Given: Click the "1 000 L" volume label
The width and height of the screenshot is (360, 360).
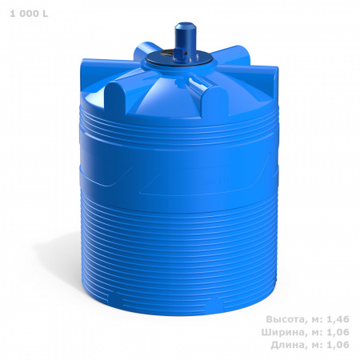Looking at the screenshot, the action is coord(29,14).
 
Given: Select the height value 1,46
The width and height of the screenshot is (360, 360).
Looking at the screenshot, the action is coord(338,319).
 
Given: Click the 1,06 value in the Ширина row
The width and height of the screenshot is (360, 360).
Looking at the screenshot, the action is coord(338,332).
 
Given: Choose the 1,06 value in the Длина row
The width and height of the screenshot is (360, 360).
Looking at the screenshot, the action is coord(338,345).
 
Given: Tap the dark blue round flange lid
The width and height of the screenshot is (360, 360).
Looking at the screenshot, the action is coord(179,59).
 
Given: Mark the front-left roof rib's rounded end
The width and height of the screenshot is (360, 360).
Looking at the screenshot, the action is coord(114,98).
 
